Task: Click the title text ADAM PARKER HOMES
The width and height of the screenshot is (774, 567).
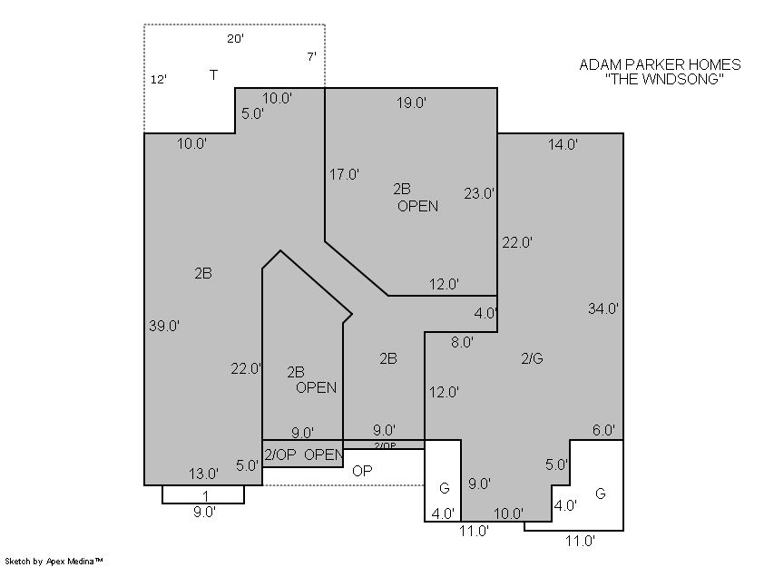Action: pos(660,64)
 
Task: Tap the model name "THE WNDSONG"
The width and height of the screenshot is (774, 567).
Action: pos(664,79)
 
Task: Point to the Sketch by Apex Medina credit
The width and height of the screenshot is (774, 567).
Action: pos(54,561)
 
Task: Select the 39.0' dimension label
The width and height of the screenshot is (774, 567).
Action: pos(164,326)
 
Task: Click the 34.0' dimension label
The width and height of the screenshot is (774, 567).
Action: pos(603,308)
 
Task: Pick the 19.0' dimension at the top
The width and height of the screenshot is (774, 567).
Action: pos(411,103)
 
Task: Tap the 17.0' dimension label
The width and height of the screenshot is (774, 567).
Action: pos(344,174)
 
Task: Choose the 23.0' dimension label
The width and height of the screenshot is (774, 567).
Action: pos(479,193)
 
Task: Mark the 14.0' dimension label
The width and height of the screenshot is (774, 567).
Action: pos(563,144)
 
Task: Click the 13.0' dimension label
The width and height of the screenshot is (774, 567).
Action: pos(203,474)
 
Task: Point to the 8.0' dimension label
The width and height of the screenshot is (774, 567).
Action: pos(463,342)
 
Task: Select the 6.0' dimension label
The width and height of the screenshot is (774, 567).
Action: pos(603,430)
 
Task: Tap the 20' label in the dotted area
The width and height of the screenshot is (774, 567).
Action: pos(235,38)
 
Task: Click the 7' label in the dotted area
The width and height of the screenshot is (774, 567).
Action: pos(311,57)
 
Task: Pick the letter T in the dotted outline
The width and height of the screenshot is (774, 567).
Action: pos(213,75)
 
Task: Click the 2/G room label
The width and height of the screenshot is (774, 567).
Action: pos(532,358)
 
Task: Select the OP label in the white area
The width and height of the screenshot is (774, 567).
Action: pos(362,471)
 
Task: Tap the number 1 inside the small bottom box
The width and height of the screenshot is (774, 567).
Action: pos(206,496)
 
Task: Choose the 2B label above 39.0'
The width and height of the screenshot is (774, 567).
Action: pos(203,273)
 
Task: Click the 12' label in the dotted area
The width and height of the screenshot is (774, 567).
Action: pos(159,79)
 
